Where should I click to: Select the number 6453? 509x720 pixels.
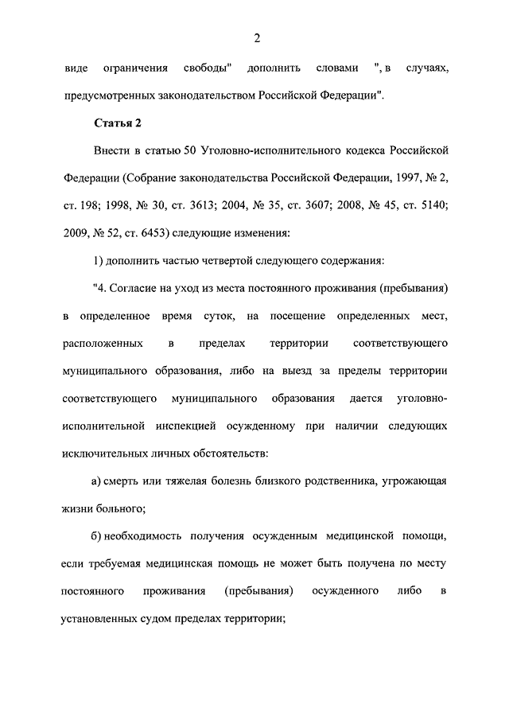[x=162, y=234]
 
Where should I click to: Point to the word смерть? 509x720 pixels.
[x=126, y=482]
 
